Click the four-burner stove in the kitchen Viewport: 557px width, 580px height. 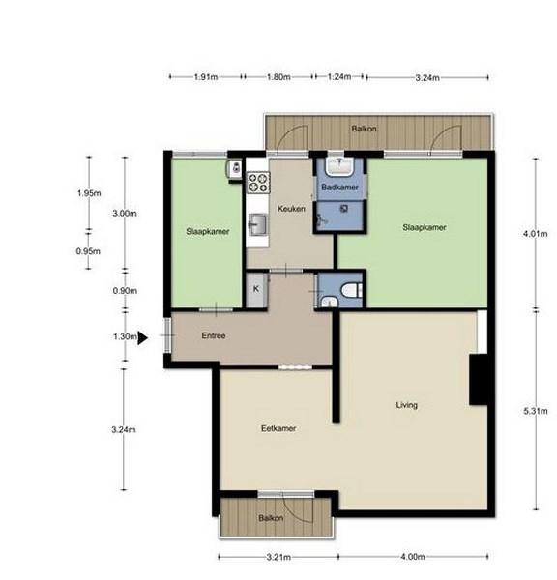(258, 183)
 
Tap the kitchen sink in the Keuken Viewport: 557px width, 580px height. (258, 224)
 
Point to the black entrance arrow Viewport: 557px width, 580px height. (142, 337)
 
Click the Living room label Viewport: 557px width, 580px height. (407, 405)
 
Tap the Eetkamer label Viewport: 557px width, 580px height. (278, 428)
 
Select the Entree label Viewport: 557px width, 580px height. (214, 335)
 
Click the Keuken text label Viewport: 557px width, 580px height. (291, 209)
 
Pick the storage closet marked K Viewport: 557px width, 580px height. (256, 290)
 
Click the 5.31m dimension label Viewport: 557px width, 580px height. (536, 411)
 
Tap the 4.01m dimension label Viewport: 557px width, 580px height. (535, 234)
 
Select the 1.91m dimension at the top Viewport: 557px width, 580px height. (206, 77)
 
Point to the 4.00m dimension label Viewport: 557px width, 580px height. (413, 557)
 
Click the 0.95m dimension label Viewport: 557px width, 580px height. (88, 251)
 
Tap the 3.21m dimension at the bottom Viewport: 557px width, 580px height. (278, 557)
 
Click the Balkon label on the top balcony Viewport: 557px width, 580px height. (365, 129)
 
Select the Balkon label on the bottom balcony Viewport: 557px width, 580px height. (271, 518)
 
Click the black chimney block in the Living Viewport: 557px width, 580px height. (478, 380)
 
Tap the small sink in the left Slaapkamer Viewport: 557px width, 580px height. (235, 169)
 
